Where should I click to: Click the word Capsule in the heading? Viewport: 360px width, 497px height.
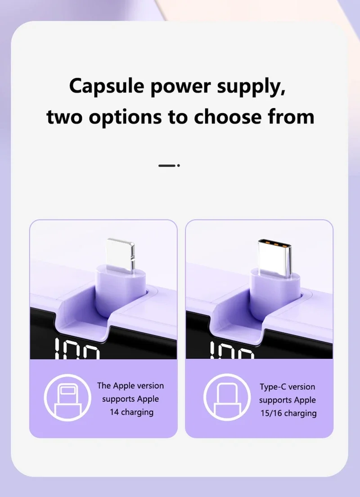tap(107, 86)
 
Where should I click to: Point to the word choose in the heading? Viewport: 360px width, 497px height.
tap(228, 117)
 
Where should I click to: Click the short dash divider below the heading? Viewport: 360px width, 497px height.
tap(169, 166)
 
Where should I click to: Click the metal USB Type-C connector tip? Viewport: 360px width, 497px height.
tap(274, 257)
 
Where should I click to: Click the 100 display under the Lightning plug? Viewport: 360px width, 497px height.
tap(77, 348)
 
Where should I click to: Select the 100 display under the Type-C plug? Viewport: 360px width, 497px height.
tap(232, 350)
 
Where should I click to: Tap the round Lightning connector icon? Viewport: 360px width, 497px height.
tap(67, 398)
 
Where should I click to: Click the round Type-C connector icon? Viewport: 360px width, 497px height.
tap(227, 398)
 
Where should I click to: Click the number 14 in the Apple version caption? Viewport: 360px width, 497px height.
tap(114, 412)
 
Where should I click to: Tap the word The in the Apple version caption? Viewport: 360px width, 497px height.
tap(103, 385)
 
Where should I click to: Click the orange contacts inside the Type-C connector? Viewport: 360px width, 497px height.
tap(274, 244)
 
